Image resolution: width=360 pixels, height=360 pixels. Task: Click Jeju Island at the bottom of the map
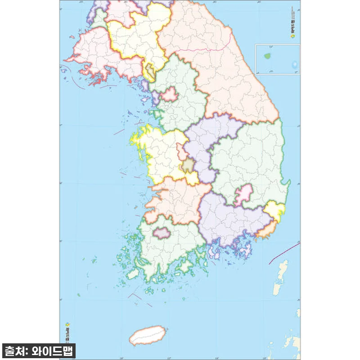tap(147, 335)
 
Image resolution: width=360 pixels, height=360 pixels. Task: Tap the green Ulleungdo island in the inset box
tap(269, 57)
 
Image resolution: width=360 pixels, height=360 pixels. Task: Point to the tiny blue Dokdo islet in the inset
tap(295, 65)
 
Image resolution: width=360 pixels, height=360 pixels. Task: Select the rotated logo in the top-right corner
tap(293, 28)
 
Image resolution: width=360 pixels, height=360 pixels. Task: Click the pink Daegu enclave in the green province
tap(243, 193)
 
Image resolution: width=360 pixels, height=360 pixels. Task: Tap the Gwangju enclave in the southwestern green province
tap(161, 232)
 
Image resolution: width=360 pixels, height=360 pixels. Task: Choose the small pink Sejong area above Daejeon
tap(181, 151)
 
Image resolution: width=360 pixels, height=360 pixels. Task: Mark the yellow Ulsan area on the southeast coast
tap(274, 210)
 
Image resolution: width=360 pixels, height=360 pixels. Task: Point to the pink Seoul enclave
tap(170, 94)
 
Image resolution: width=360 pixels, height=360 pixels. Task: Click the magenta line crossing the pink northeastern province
tap(202, 48)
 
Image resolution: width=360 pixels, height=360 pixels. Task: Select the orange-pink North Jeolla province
tap(175, 198)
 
